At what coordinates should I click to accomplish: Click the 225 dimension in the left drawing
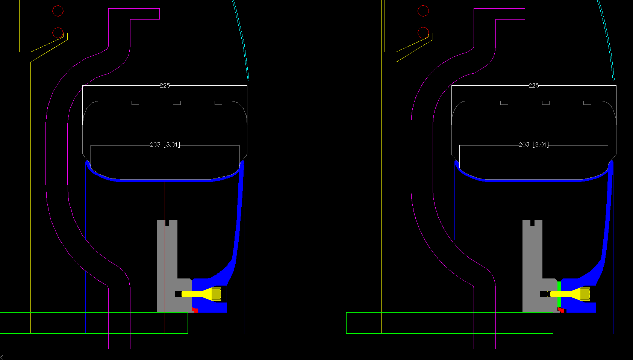pos(165,85)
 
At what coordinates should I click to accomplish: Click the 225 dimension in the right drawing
pos(533,85)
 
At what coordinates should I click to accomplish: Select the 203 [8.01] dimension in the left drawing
pos(165,145)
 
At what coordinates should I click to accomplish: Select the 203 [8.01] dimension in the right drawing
pos(533,145)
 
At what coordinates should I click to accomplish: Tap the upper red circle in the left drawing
pos(58,11)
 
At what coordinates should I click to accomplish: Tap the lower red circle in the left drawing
pos(58,33)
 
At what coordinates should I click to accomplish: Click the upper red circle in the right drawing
pos(423,11)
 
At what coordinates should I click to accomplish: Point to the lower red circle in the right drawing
pos(423,33)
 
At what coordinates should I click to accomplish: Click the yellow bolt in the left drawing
pos(201,294)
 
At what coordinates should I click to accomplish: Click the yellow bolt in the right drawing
pos(570,294)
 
